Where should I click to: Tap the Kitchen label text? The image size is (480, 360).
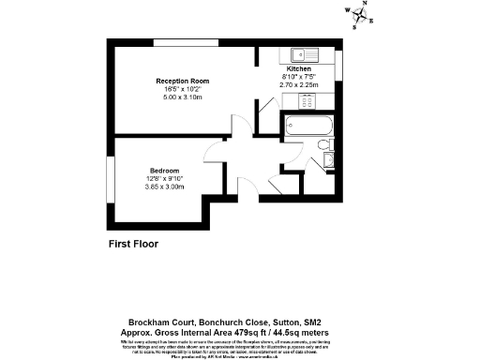[x=299, y=69]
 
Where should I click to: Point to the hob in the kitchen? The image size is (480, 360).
[x=310, y=98]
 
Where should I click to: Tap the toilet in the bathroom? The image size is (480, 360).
[x=322, y=145]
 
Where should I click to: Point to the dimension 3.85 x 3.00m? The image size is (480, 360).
[x=164, y=187]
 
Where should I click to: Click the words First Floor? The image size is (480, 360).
[x=134, y=244]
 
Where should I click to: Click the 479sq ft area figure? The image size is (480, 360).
[x=267, y=332]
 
